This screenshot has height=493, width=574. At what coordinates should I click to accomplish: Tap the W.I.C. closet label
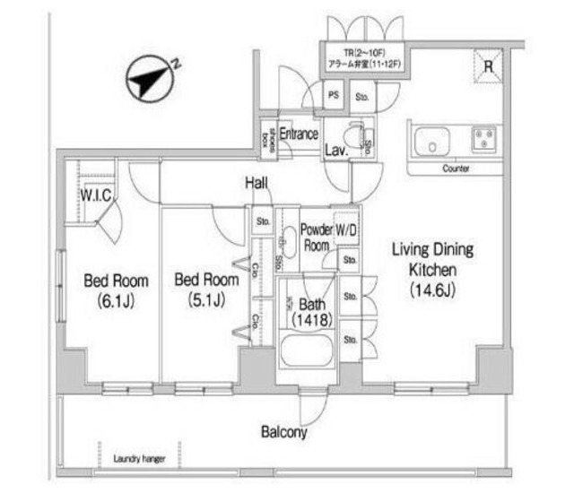tap(93, 195)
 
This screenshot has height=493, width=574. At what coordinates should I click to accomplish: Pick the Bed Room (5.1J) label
tap(206, 290)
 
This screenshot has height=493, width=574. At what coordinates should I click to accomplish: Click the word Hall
tap(257, 183)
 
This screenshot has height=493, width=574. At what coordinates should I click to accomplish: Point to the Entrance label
tap(298, 134)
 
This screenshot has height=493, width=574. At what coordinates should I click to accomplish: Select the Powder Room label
tap(316, 238)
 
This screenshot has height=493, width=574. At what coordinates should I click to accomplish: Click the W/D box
tap(346, 230)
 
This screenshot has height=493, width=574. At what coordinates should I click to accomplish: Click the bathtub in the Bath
tap(307, 350)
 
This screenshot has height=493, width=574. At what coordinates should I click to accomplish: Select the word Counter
tap(457, 169)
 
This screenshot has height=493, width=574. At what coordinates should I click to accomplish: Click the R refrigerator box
tap(489, 65)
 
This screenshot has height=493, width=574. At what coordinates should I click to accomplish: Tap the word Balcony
tap(284, 432)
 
